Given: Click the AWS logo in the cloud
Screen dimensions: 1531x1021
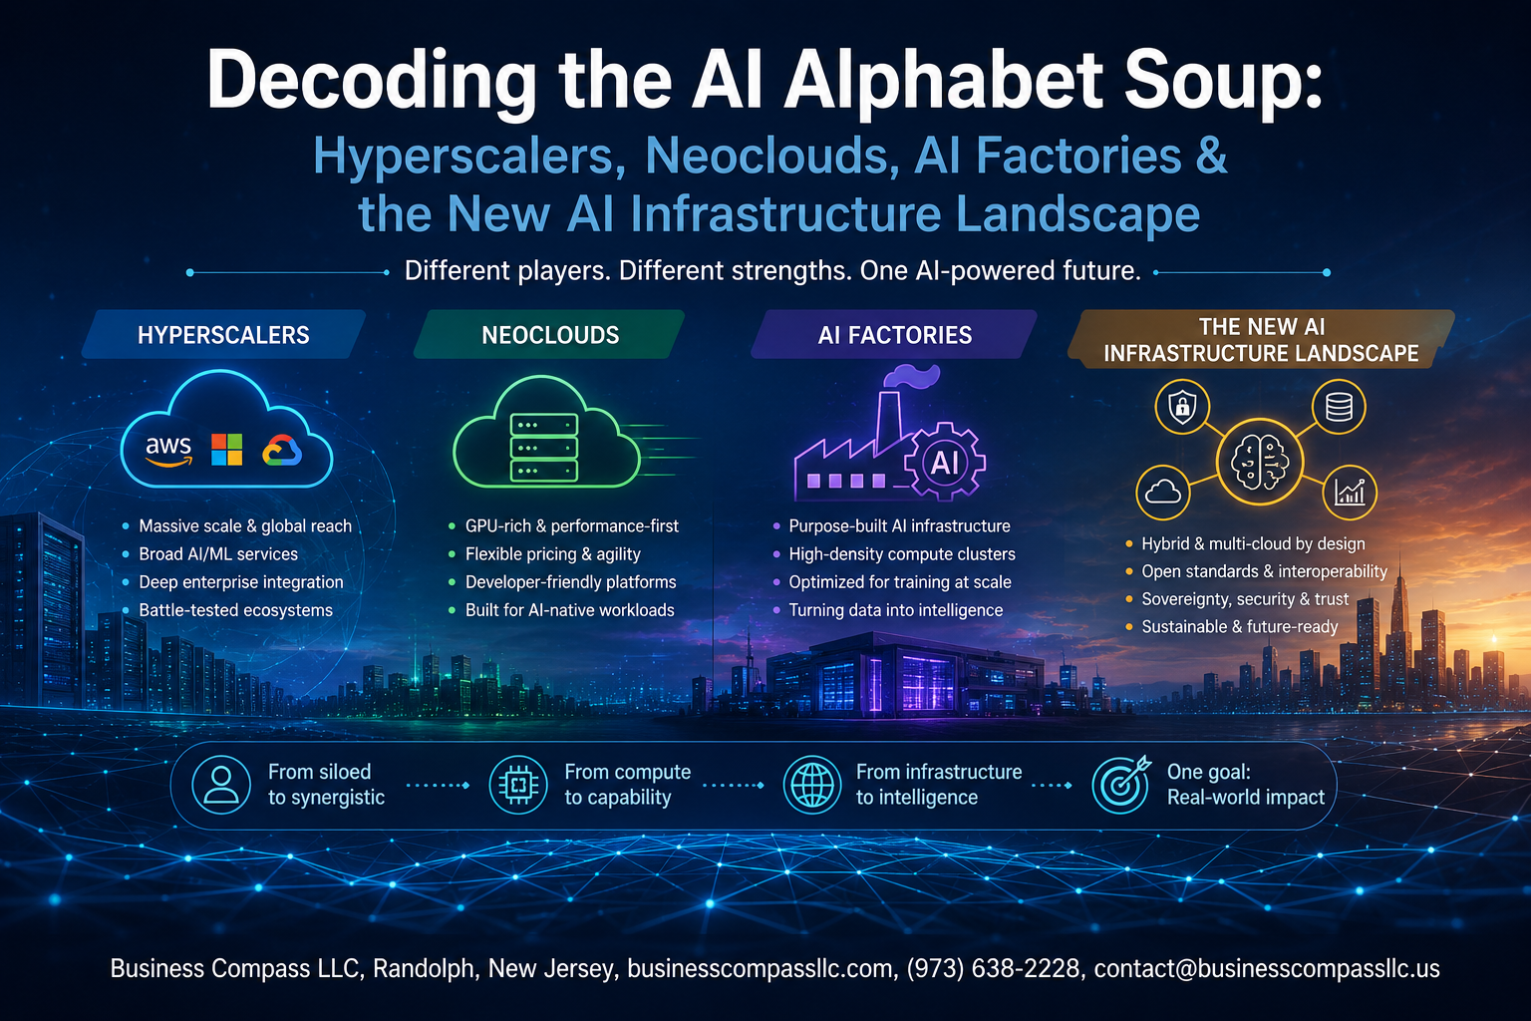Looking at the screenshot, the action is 168,450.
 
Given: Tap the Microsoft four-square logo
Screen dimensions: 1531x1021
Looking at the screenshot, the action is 227,450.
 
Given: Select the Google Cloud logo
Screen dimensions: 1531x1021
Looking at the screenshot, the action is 282,450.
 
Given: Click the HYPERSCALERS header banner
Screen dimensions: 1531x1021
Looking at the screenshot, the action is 223,334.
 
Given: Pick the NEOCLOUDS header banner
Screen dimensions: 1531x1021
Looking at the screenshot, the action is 549,334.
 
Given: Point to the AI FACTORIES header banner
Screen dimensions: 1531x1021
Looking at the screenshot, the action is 894,334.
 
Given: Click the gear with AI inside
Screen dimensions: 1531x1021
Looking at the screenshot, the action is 945,462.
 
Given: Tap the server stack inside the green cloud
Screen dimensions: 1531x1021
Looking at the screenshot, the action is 544,447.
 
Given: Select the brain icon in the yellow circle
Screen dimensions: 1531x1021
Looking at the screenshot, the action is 1260,463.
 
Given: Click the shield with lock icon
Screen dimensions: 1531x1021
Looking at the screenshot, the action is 1182,407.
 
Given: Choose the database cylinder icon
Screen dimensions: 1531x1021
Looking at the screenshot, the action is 1339,407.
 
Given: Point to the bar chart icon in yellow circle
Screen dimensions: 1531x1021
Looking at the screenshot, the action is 1350,493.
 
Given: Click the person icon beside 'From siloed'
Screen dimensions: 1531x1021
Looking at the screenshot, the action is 220,785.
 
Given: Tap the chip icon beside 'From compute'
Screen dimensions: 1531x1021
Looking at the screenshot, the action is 518,785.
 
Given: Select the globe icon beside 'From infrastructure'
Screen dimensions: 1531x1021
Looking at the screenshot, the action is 812,785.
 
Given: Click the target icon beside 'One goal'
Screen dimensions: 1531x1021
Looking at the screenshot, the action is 1121,785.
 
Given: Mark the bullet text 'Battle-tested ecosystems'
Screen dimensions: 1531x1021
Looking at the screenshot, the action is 236,610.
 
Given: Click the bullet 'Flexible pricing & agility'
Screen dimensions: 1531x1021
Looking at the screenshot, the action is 553,554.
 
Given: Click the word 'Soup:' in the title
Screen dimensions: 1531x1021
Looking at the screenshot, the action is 1223,81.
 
